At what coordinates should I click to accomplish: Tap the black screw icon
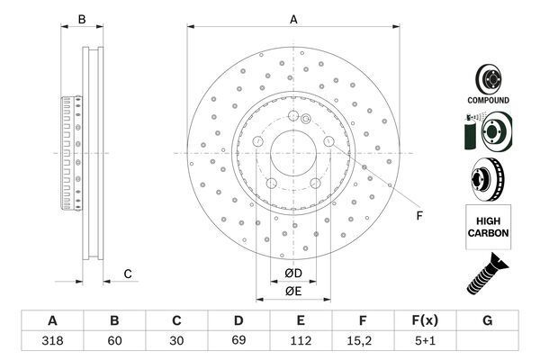[487, 274]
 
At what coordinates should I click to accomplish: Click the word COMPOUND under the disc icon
[488, 100]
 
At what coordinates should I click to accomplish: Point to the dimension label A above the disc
[293, 19]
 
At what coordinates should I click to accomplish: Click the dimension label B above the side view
[81, 19]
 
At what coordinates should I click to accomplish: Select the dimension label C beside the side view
[128, 274]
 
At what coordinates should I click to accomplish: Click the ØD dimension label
[293, 274]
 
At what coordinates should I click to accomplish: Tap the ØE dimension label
[293, 291]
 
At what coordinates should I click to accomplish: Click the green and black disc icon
[487, 133]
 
